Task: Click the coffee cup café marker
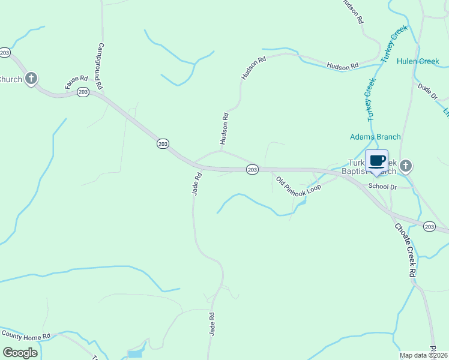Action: [x=376, y=161]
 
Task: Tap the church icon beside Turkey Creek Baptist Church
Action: [x=406, y=166]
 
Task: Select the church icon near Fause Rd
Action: [x=31, y=79]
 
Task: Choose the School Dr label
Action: [x=383, y=187]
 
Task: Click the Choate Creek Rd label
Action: [x=405, y=250]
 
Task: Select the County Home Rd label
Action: [x=25, y=335]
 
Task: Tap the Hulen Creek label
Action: [x=418, y=61]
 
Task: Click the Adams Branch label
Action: [x=375, y=137]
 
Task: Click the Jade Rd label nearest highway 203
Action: [x=196, y=184]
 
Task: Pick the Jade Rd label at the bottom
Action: [x=212, y=324]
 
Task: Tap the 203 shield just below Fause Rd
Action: [x=83, y=92]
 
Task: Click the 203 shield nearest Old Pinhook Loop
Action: [x=252, y=170]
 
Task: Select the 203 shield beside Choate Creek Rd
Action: [x=429, y=226]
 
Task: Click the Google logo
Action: [x=20, y=352]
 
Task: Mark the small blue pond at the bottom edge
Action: [x=135, y=354]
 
